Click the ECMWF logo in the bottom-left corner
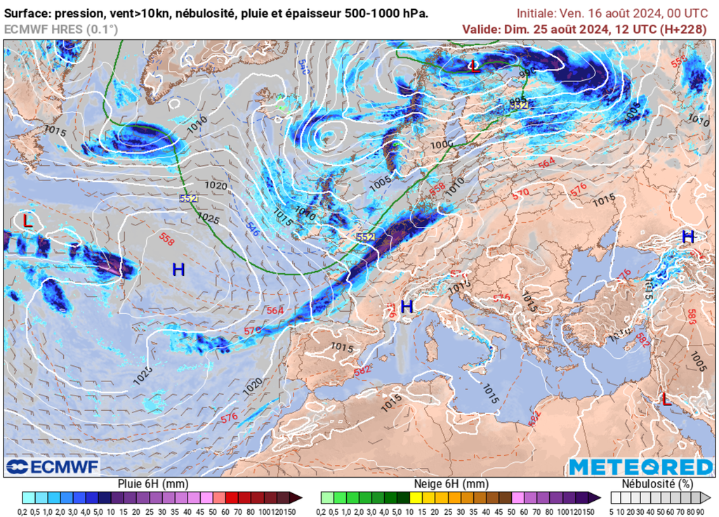[x=53, y=466]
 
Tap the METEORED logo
[x=640, y=466]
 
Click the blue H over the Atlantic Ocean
[x=178, y=269]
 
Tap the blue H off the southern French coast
[x=407, y=306]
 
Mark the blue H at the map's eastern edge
[x=688, y=237]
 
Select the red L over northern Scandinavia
[x=475, y=67]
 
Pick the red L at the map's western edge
[x=27, y=221]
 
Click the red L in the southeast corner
[x=664, y=399]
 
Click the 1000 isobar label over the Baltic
[x=442, y=144]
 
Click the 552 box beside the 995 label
[x=519, y=104]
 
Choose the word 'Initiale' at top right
[x=536, y=13]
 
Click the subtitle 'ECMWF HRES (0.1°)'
[x=61, y=29]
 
